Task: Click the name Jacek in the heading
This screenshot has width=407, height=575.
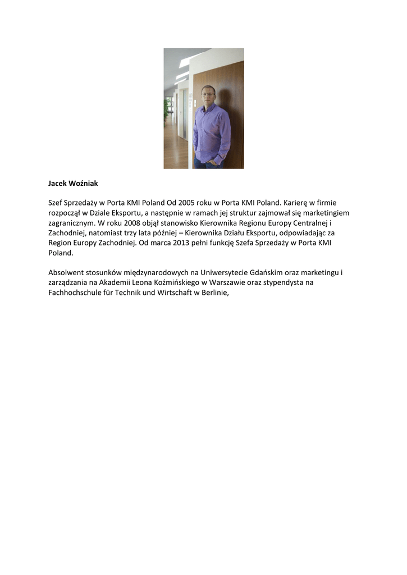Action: pyautogui.click(x=57, y=183)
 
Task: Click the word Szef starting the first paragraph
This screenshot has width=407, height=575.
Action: pyautogui.click(x=56, y=202)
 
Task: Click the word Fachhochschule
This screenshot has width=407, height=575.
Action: pyautogui.click(x=76, y=293)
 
